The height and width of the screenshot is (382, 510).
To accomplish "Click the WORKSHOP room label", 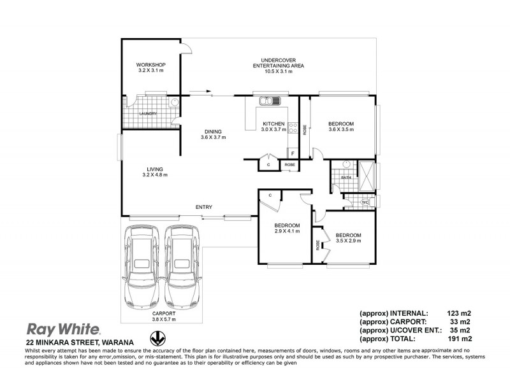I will tap(151, 67).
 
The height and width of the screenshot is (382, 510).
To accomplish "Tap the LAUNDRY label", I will tap(148, 113).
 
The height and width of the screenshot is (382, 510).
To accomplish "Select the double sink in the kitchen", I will tap(266, 101).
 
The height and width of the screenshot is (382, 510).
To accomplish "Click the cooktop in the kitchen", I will tap(293, 127).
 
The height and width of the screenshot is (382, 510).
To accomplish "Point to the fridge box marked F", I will tap(292, 153).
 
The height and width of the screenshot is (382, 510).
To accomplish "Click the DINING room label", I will tap(213, 134).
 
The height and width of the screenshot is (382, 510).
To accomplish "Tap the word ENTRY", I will tap(204, 208).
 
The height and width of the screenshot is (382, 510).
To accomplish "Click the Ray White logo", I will tap(62, 329).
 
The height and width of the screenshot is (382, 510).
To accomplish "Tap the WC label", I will tap(365, 202).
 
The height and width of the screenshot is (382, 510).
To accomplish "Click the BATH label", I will tap(346, 178).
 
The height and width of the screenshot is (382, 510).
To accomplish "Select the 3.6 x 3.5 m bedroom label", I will tap(341, 126).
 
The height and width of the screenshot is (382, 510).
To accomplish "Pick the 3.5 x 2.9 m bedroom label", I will tap(348, 237).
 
